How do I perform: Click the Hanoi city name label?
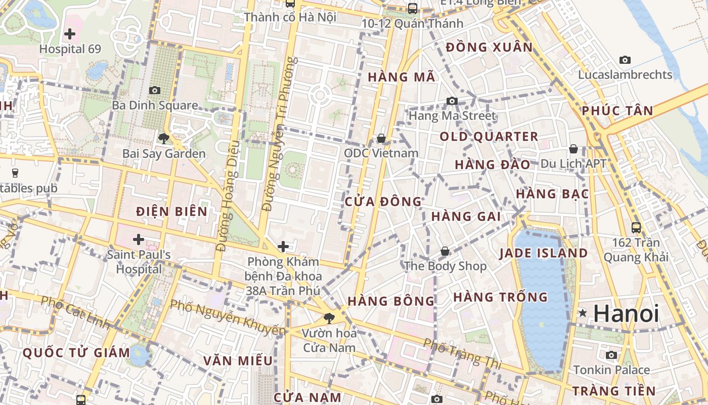[626, 313]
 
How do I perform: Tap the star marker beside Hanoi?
[583, 313]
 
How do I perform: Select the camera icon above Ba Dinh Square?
[155, 90]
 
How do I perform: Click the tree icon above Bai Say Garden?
[163, 138]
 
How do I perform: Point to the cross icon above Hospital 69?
[70, 34]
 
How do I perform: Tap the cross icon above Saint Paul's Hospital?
[139, 239]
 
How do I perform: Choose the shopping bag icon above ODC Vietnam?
[381, 138]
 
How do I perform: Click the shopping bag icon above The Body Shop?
[445, 251]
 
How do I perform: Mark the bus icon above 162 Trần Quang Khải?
[636, 228]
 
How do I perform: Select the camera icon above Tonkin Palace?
[611, 355]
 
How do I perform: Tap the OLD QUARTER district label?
[489, 137]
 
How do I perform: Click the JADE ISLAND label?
[544, 253]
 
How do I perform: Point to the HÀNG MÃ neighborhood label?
[402, 77]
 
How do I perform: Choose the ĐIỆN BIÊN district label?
[172, 212]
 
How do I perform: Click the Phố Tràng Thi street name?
[462, 354]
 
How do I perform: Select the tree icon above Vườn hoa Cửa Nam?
[329, 318]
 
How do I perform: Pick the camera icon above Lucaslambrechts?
[625, 60]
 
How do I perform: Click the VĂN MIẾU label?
[238, 360]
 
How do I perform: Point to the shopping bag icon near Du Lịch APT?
[573, 149]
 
